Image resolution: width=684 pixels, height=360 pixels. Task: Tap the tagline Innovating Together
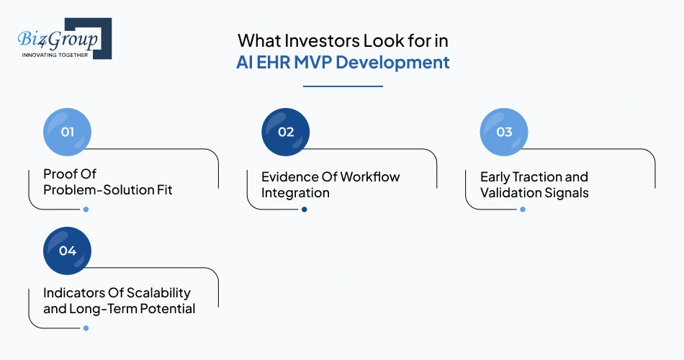[55, 55]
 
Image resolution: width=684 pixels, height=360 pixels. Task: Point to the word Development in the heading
[392, 63]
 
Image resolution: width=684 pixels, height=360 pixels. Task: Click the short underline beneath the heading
[342, 86]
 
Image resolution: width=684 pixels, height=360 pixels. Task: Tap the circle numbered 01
[68, 132]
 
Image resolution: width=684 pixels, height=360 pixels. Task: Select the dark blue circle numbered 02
[286, 132]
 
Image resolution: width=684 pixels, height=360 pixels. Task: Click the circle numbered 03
[504, 132]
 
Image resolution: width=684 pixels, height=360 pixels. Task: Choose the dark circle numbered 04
[68, 251]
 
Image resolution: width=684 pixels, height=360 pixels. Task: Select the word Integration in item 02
[295, 193]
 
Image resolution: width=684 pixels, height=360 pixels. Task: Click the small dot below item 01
[86, 210]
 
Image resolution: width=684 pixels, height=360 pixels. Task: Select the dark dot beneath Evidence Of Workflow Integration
[304, 210]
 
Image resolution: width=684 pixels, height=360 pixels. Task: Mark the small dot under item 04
[86, 328]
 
